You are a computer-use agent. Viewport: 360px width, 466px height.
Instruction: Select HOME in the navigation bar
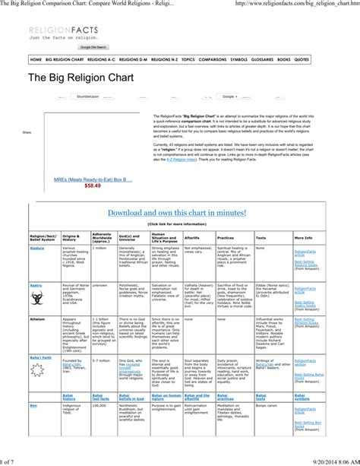tap(36, 59)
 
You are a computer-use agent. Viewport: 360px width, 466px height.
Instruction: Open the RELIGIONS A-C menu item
tap(102, 59)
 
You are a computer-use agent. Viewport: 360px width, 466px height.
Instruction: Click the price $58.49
tap(93, 185)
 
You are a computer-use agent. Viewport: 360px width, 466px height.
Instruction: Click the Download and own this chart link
tap(178, 212)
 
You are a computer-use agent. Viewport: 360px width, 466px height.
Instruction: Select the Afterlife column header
tap(193, 237)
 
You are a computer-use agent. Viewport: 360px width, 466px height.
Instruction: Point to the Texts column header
tap(261, 237)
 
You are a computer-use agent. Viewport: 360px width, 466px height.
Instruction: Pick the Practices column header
tap(227, 237)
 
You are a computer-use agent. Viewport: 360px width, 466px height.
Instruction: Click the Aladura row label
tap(37, 247)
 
